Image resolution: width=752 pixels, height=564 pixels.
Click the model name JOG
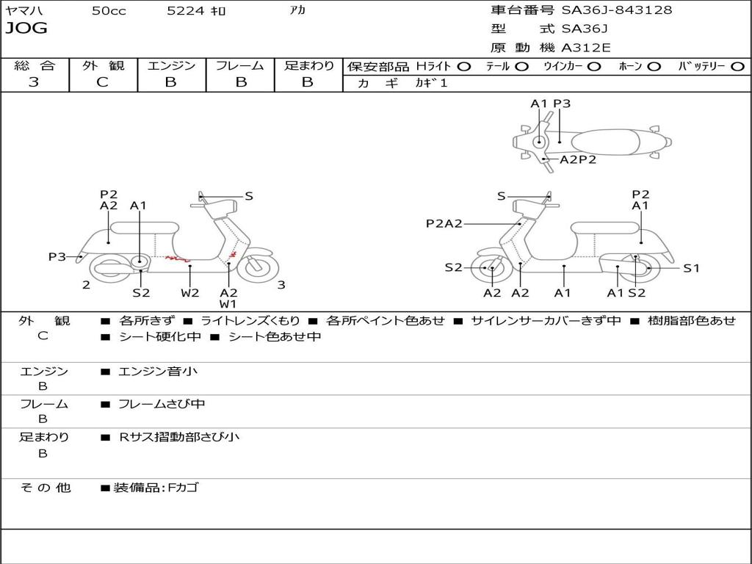point(26,29)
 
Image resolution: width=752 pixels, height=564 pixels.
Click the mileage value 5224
point(187,11)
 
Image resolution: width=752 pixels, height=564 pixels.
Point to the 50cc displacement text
point(109,11)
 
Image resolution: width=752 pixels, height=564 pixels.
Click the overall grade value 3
point(34,82)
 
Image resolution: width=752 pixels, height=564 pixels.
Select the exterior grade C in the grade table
point(103,82)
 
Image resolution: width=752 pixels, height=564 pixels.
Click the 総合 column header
point(35,65)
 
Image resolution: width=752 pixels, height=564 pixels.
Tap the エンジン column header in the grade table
point(172,65)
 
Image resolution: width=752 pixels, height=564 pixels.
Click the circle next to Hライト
point(464,66)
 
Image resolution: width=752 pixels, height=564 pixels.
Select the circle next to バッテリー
point(737,66)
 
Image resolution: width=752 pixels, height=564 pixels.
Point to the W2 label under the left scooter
point(190,293)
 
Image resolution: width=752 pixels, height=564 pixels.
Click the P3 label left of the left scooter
point(57,257)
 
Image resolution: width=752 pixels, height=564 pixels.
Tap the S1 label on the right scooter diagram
point(691,268)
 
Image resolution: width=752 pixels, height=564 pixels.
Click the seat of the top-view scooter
point(606,142)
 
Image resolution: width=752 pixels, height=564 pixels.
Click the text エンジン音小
point(158,372)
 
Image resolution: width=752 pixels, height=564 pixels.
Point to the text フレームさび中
point(162,404)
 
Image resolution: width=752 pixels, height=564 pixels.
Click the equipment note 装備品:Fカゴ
point(155,488)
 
